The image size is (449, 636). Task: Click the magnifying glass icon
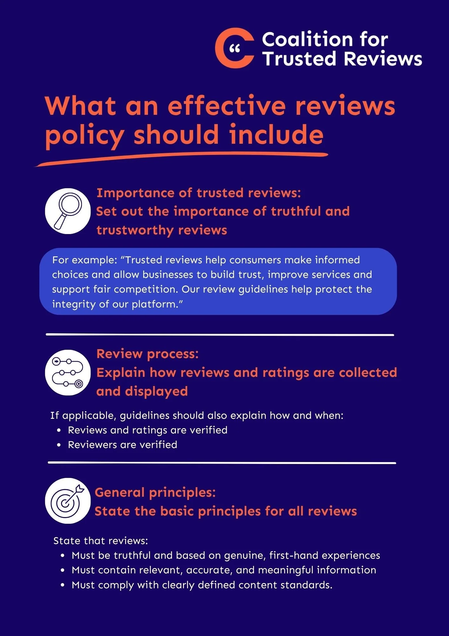click(68, 211)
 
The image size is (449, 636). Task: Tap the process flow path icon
click(68, 372)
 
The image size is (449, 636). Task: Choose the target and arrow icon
click(68, 501)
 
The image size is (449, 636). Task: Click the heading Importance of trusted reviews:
click(199, 193)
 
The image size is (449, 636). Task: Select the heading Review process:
click(148, 354)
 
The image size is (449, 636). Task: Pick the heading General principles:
click(155, 493)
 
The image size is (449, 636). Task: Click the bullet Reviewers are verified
click(123, 445)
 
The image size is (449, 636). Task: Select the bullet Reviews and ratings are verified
click(148, 430)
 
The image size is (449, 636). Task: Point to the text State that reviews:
click(101, 541)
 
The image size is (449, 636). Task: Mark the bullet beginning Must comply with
click(202, 585)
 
